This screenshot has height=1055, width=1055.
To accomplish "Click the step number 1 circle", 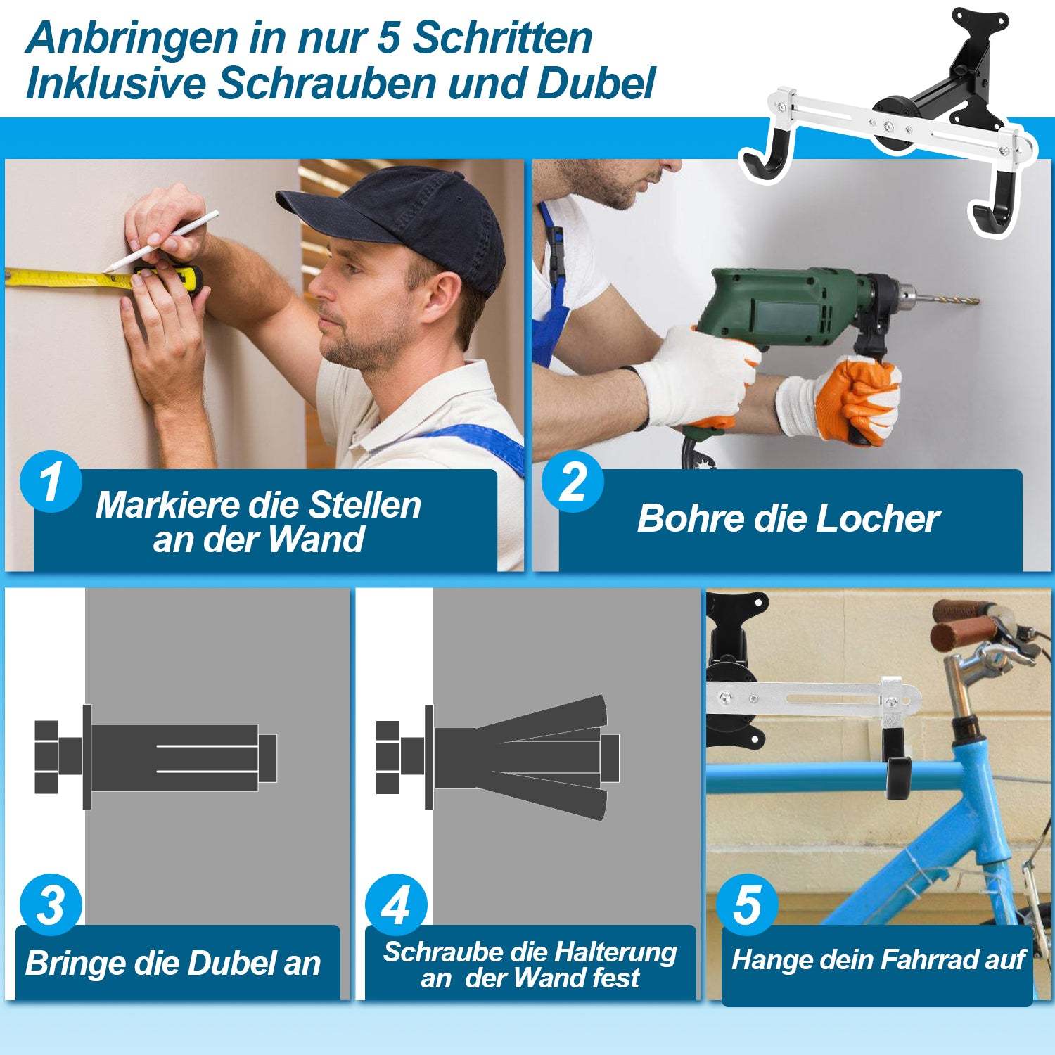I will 51,482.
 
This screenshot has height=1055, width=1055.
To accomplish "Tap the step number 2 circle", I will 573,482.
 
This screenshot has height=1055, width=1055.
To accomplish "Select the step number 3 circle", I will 51,905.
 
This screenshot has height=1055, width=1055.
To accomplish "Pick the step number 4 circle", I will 396,905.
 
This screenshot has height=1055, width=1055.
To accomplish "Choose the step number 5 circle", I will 746,905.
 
